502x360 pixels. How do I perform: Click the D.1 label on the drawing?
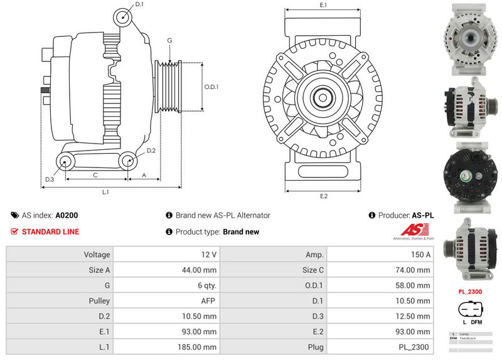click(x=139, y=4)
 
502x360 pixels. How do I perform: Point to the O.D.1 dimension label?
click(x=211, y=87)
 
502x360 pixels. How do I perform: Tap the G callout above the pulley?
click(x=169, y=41)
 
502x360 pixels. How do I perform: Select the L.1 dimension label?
click(x=106, y=191)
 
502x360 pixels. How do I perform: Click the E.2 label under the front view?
click(x=324, y=196)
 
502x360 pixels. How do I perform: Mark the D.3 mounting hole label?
click(x=50, y=180)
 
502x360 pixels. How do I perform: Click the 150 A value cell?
click(x=380, y=255)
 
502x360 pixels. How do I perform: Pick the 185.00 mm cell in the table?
click(x=166, y=347)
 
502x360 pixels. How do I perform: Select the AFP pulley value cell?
click(x=166, y=301)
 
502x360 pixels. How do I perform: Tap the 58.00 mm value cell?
click(x=380, y=285)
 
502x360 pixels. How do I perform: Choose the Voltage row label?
click(x=60, y=255)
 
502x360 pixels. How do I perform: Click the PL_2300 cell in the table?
click(x=380, y=347)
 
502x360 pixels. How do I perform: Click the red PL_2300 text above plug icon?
click(x=470, y=292)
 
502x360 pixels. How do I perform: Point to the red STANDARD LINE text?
click(x=50, y=231)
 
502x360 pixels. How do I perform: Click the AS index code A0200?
click(x=67, y=215)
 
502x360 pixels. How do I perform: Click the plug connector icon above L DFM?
click(x=470, y=309)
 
